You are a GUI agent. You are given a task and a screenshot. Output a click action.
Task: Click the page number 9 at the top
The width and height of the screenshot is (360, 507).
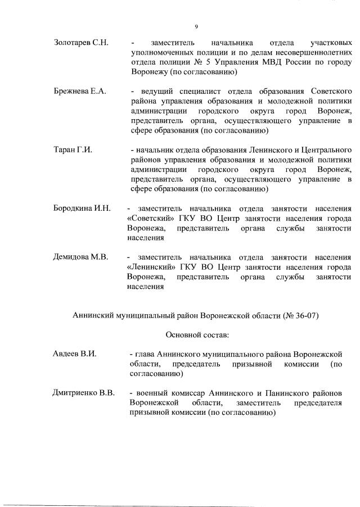point(196,26)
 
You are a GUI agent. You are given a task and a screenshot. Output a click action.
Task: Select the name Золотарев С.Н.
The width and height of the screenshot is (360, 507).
point(81,43)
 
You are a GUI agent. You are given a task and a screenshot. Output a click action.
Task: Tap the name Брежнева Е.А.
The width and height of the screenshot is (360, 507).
point(79,92)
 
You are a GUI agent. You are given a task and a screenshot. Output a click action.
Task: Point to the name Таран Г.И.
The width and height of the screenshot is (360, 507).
point(73,150)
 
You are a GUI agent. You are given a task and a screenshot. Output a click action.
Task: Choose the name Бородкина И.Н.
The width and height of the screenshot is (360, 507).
point(81,209)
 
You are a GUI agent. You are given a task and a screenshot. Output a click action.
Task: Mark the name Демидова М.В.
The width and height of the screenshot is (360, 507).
point(80,257)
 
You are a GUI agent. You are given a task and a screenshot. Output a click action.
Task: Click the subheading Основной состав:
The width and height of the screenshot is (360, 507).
point(197,335)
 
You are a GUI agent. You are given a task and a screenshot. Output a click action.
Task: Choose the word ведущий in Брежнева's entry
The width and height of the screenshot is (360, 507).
point(151,92)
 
